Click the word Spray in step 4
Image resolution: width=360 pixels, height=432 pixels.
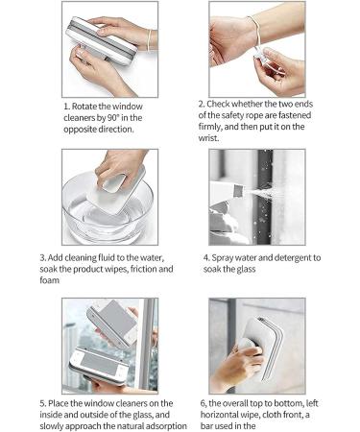pyautogui.click(x=234, y=257)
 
